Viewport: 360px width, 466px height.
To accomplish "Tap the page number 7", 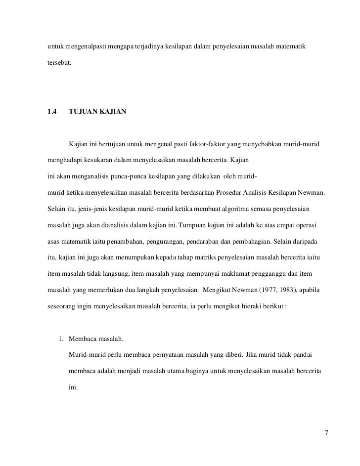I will [x=326, y=433].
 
